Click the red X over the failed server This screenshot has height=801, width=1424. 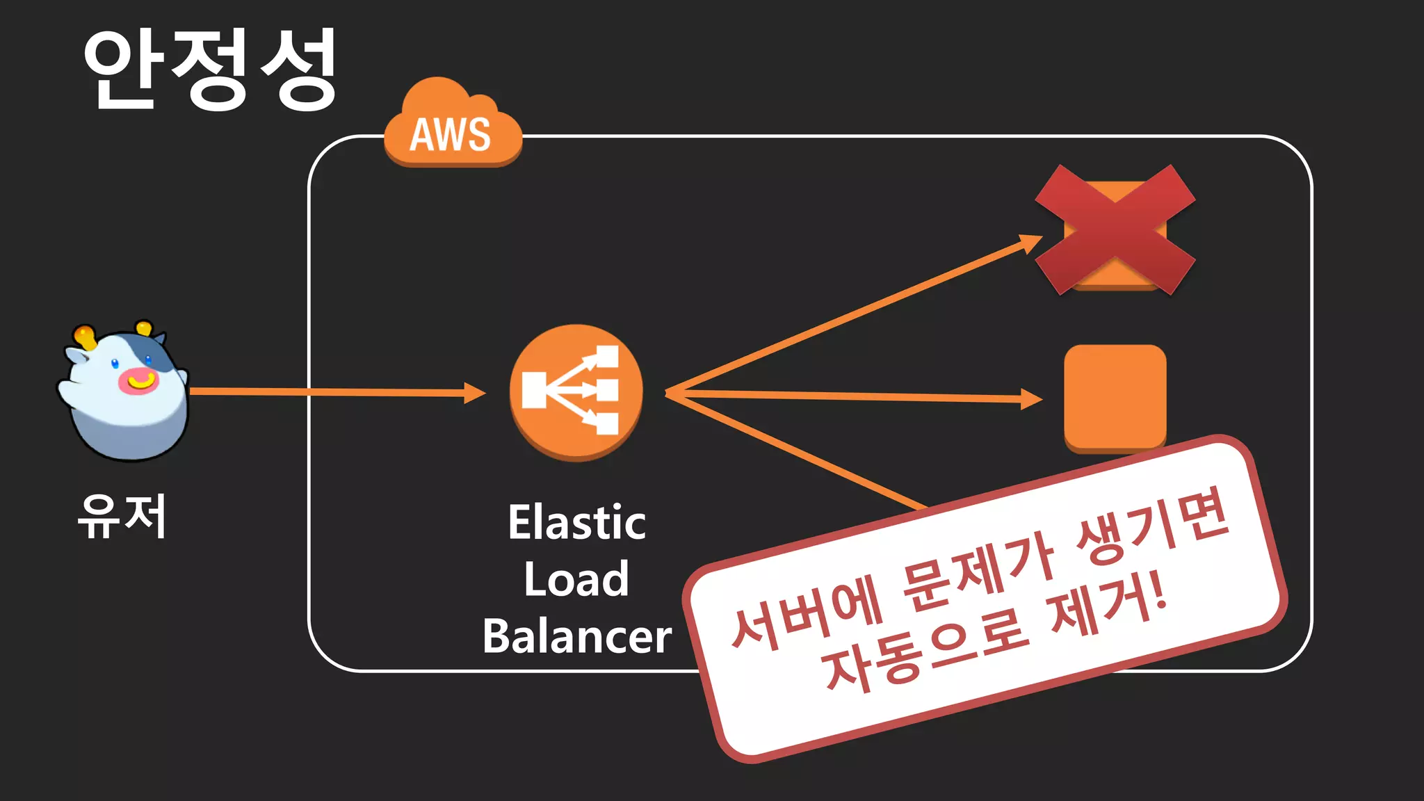(x=1115, y=229)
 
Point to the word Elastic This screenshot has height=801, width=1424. (x=576, y=523)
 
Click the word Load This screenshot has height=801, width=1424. (x=576, y=579)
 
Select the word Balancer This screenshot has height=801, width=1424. (x=576, y=636)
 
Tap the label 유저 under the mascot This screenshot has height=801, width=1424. (x=122, y=517)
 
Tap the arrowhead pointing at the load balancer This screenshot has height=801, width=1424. (x=476, y=393)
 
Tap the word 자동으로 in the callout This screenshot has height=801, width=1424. (x=925, y=650)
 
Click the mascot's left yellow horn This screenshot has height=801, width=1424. (x=85, y=337)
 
